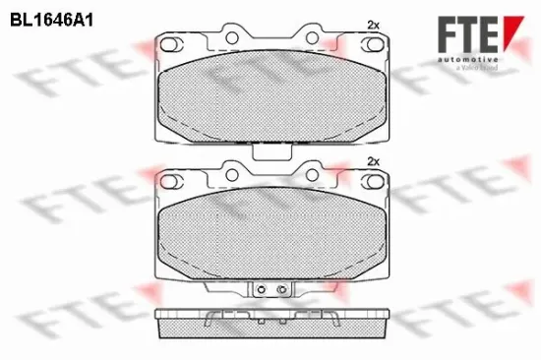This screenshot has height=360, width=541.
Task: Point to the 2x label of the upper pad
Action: [x=372, y=23]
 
